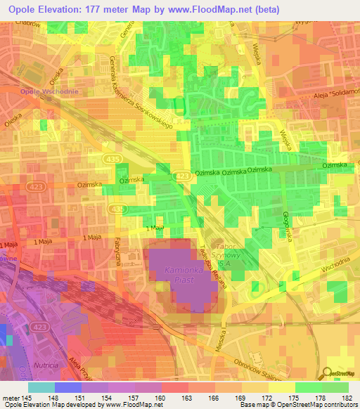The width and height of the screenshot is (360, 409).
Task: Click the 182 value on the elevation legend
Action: tap(347, 398)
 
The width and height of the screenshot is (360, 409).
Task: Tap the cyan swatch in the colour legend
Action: tap(41, 387)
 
